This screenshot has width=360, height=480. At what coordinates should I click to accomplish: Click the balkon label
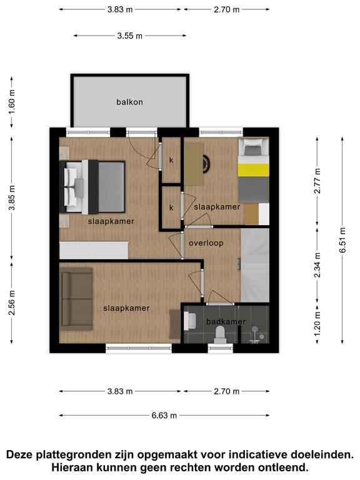[x=129, y=102]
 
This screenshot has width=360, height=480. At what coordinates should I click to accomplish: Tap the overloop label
[x=206, y=243]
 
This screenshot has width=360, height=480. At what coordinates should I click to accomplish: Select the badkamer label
[x=226, y=322]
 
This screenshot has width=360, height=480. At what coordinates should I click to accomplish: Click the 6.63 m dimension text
[x=164, y=416]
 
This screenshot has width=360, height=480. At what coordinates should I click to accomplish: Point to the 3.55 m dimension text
[x=130, y=36]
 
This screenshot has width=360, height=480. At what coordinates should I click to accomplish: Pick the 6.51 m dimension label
[x=342, y=240]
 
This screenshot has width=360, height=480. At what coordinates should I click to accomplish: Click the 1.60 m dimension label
[x=12, y=102]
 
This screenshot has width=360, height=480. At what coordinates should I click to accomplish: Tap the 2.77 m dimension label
[x=317, y=181]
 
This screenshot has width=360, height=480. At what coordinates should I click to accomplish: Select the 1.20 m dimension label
[x=317, y=323]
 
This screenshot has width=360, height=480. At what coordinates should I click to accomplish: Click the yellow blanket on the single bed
[x=254, y=170]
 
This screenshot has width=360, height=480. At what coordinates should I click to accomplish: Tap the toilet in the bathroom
[x=220, y=335]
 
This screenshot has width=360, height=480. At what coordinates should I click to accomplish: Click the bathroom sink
[x=190, y=321]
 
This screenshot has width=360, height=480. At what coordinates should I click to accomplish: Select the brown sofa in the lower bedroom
[x=76, y=299]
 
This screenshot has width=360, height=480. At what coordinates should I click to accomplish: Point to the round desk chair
[x=207, y=164]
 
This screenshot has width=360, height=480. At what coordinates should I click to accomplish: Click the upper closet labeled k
[x=171, y=160]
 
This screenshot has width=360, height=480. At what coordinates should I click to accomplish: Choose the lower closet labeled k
[x=171, y=207]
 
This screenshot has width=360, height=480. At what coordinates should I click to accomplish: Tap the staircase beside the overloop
[x=255, y=265]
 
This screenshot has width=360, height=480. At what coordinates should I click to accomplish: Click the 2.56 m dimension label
[x=12, y=302]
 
